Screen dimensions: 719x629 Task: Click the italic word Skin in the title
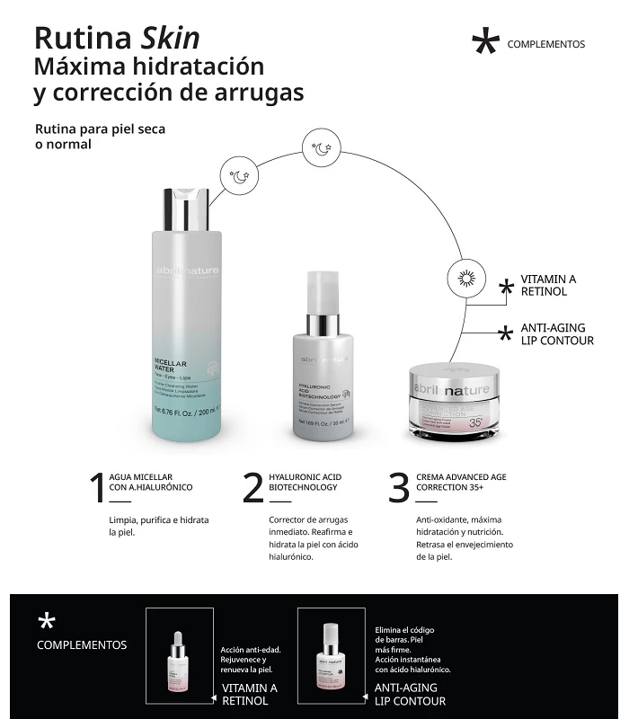[x=170, y=38]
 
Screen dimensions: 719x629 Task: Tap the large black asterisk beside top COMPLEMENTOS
[x=484, y=43]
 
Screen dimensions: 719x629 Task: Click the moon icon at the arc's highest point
[x=320, y=148]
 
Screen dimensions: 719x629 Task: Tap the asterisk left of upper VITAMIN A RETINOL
[x=507, y=286]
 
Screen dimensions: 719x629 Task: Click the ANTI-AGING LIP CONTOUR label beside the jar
[x=557, y=334]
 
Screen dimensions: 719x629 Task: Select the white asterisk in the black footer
[x=47, y=621]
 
